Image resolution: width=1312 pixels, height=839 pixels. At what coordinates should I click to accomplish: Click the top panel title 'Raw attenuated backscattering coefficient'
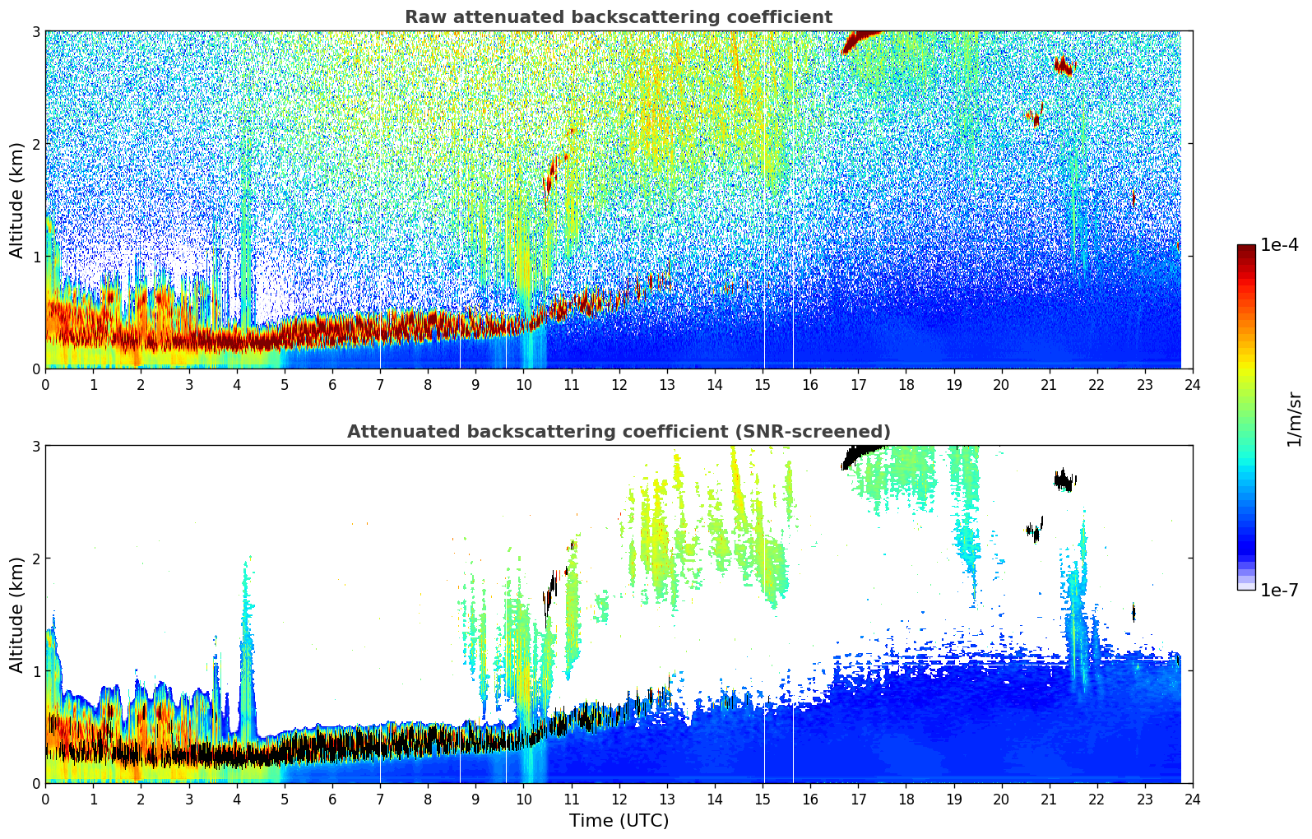click(x=618, y=17)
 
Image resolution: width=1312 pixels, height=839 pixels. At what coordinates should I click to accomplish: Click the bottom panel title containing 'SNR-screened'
click(x=618, y=432)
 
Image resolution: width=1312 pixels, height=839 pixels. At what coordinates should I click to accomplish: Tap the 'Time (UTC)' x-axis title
click(x=619, y=821)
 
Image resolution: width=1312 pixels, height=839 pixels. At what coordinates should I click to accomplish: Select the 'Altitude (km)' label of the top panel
click(x=17, y=200)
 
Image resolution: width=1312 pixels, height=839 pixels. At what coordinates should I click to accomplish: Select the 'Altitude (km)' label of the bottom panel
click(x=17, y=614)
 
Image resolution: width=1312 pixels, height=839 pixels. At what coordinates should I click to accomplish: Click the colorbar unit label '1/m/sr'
click(x=1294, y=419)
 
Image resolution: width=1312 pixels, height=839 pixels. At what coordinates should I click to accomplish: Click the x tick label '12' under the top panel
click(x=619, y=384)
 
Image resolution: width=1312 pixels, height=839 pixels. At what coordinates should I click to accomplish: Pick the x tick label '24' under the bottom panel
click(x=1192, y=799)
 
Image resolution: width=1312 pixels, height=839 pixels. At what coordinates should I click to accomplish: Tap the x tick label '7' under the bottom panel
click(x=380, y=799)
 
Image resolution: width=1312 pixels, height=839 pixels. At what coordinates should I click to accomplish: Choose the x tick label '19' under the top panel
click(x=953, y=384)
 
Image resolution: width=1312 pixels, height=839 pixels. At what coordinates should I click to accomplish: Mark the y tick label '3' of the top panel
click(x=35, y=31)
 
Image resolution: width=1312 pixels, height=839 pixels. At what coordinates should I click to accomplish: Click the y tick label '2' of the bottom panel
click(x=35, y=559)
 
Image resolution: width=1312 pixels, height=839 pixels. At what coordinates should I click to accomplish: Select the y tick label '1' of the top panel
click(x=35, y=257)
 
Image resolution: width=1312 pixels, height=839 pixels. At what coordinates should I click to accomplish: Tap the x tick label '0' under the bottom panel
click(x=45, y=799)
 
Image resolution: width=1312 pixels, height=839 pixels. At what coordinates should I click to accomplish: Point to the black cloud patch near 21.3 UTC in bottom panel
click(x=1064, y=480)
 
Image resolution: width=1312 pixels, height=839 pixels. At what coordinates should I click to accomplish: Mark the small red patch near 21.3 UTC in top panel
click(x=1064, y=65)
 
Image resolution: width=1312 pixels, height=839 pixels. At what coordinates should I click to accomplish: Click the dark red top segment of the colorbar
click(x=1245, y=252)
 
